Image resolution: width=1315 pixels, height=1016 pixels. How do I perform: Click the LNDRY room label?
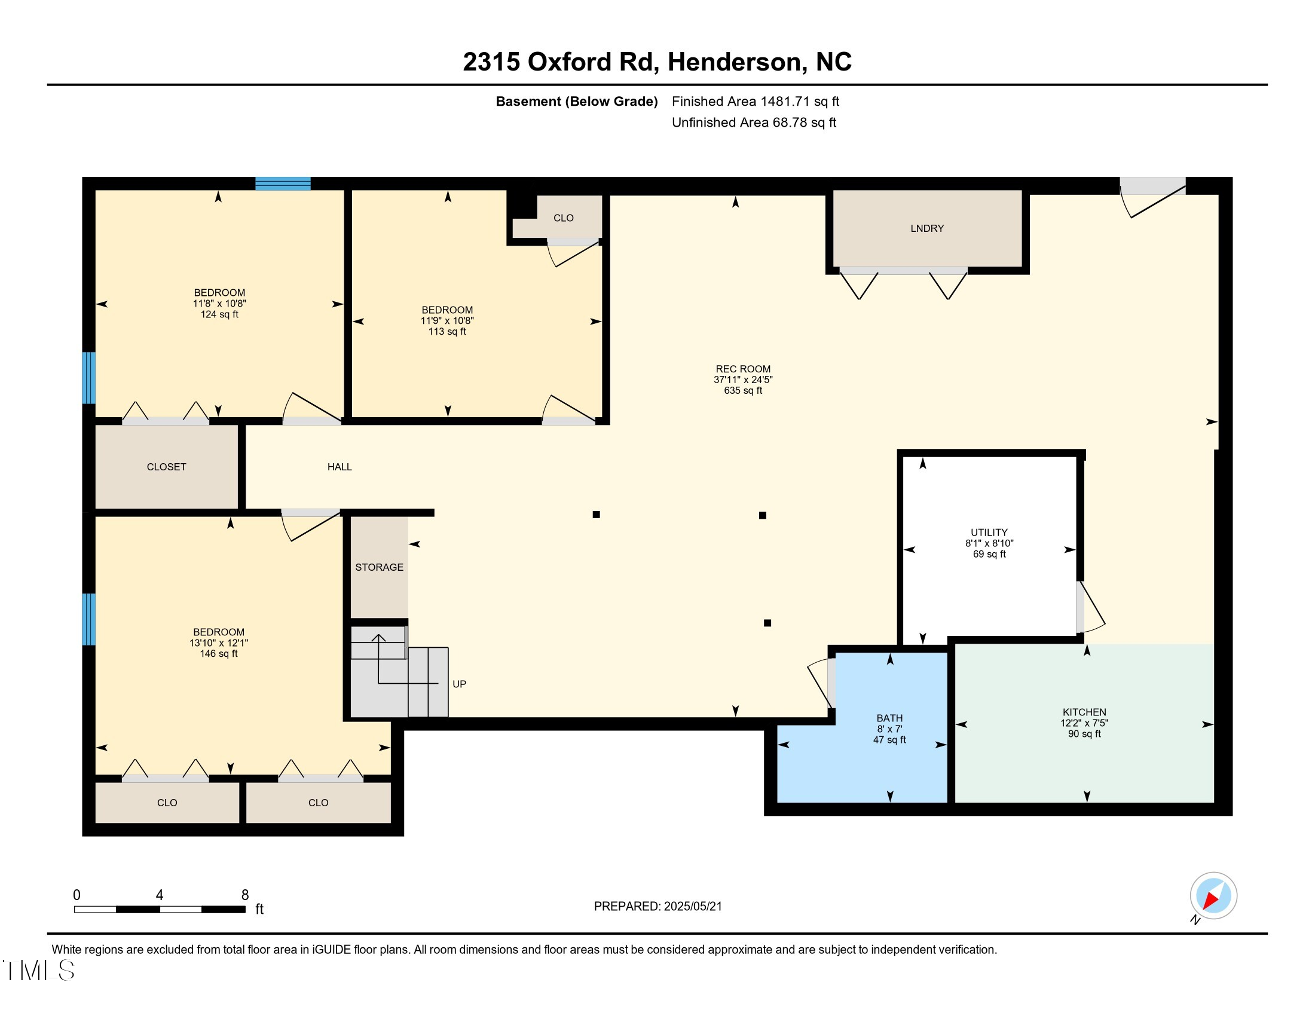tap(926, 228)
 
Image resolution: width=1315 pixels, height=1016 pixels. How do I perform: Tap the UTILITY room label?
tap(989, 532)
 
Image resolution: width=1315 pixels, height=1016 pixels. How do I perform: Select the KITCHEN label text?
tap(1084, 712)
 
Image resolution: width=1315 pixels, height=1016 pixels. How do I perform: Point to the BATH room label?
tap(889, 718)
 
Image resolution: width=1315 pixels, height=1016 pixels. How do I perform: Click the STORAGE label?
tap(380, 567)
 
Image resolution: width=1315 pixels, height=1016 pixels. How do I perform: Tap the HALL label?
tap(340, 467)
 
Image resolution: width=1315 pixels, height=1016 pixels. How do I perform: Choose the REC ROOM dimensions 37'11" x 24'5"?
tap(743, 380)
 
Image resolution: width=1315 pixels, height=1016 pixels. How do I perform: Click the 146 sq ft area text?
tap(219, 654)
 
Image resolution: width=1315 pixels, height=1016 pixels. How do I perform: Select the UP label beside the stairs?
tap(460, 684)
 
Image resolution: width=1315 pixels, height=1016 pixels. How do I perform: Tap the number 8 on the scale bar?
tap(245, 895)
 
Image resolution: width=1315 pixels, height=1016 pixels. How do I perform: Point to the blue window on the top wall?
tap(283, 183)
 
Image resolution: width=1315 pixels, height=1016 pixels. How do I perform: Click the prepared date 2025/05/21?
tap(692, 907)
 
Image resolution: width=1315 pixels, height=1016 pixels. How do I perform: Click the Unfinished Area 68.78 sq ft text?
tap(754, 123)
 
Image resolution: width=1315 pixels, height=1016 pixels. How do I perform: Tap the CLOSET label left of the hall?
tap(166, 467)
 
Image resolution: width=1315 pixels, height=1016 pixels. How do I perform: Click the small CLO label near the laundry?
tap(564, 218)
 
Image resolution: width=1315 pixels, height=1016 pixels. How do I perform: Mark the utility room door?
tap(1090, 607)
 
